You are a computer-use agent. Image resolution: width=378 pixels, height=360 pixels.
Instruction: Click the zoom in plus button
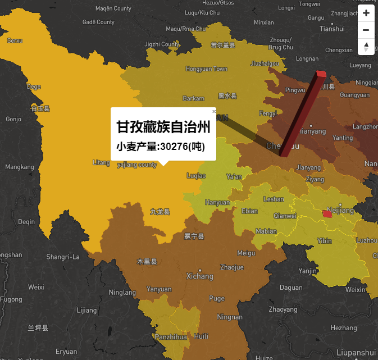click(x=366, y=13)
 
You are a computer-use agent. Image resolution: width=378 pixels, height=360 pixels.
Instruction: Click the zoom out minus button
click(x=366, y=30)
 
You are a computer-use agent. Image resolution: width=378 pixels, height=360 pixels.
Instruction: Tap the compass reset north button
click(x=366, y=47)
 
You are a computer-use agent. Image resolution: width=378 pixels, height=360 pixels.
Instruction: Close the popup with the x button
click(x=214, y=112)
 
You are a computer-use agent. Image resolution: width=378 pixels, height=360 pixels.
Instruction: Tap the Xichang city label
click(x=200, y=276)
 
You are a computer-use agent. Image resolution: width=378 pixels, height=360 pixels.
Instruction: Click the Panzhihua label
click(x=171, y=337)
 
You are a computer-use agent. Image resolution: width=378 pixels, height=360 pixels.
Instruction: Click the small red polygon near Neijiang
click(x=327, y=214)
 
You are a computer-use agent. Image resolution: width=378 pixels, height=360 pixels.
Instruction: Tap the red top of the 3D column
click(x=321, y=74)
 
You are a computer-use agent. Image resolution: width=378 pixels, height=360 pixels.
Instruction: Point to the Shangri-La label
click(x=63, y=257)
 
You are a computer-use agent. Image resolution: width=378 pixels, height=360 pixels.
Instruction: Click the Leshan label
click(x=274, y=199)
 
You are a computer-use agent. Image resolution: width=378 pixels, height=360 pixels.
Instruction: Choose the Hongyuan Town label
click(x=206, y=69)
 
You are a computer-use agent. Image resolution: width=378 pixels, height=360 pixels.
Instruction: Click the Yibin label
click(x=324, y=240)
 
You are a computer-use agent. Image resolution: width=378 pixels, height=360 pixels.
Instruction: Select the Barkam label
click(x=193, y=98)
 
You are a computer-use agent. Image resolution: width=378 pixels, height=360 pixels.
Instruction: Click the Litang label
click(x=101, y=163)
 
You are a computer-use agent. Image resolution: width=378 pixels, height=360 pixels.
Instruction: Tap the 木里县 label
click(x=147, y=262)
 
